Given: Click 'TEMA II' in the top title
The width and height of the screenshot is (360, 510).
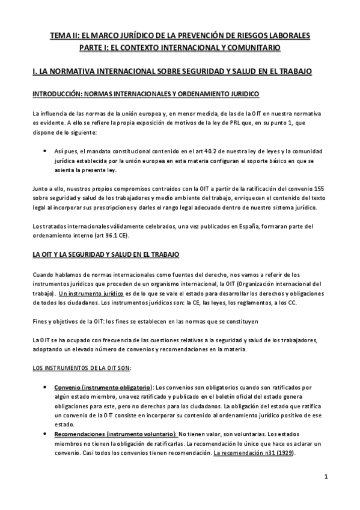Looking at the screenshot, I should (65, 36).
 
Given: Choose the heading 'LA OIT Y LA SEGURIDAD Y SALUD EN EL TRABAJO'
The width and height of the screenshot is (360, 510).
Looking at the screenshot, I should (102, 255).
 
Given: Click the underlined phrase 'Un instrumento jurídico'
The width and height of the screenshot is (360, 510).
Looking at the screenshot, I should (87, 293).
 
